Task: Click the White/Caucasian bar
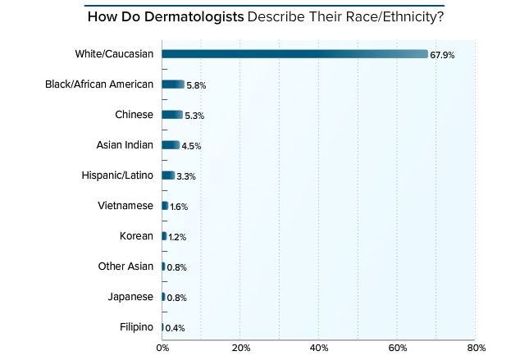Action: click(x=295, y=54)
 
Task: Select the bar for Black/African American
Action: click(x=173, y=84)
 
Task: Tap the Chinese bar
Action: click(x=172, y=115)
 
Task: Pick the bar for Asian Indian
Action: click(x=171, y=145)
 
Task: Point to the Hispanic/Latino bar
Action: click(x=168, y=175)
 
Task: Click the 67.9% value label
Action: click(x=442, y=55)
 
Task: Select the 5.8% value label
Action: click(x=198, y=85)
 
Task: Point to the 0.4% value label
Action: click(x=175, y=328)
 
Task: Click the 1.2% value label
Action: click(x=178, y=237)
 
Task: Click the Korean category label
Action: click(x=136, y=236)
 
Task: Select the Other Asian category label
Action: click(x=126, y=267)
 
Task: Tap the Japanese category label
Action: click(x=130, y=297)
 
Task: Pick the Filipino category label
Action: click(x=136, y=327)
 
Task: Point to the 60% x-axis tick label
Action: click(x=397, y=349)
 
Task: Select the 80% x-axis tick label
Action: click(x=475, y=349)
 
